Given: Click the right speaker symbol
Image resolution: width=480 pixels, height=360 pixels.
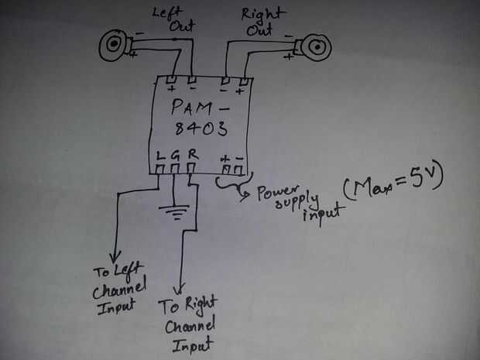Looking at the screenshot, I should pyautogui.click(x=316, y=49).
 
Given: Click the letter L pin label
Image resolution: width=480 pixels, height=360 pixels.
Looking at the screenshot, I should pyautogui.click(x=160, y=155).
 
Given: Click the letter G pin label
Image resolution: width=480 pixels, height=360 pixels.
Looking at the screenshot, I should pyautogui.click(x=176, y=155).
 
